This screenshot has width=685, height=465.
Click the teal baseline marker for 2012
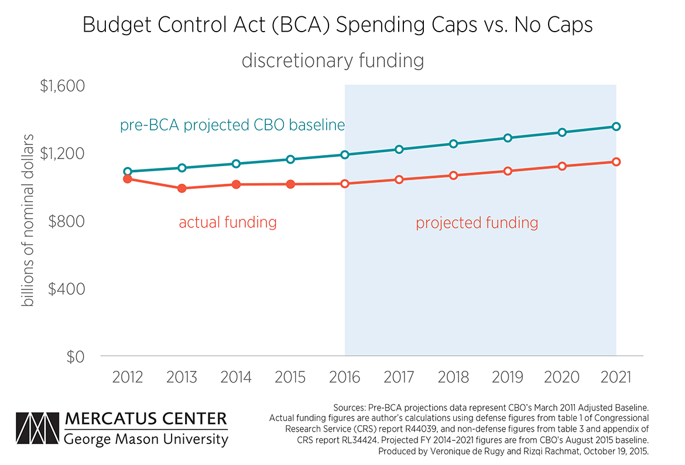(128, 172)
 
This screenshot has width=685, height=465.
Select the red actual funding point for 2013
(182, 188)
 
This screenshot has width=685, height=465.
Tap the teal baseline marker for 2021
(616, 126)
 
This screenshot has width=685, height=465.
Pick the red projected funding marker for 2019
(508, 171)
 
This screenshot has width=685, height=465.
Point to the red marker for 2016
(345, 184)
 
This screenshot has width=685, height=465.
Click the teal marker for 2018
(453, 144)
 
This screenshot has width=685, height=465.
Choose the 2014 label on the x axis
(236, 377)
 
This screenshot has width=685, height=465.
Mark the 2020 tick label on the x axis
(561, 377)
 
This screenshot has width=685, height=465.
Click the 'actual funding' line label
(227, 222)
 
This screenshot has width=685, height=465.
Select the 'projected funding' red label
(477, 223)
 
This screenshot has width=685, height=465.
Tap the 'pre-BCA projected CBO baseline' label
(232, 126)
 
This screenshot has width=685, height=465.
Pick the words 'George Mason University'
(146, 439)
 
